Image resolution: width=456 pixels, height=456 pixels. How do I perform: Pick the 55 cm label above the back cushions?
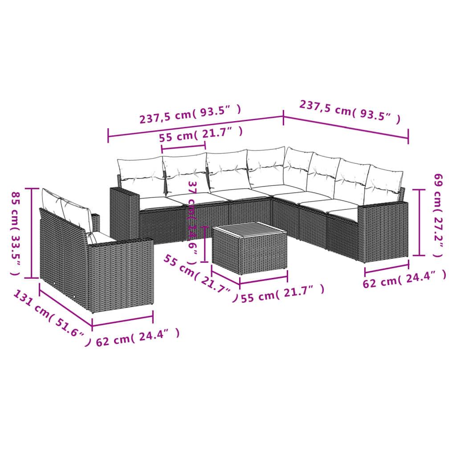click(x=201, y=134)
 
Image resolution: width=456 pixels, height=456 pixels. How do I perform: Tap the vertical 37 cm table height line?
click(x=204, y=244)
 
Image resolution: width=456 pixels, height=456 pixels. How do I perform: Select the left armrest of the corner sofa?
click(x=124, y=214)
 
